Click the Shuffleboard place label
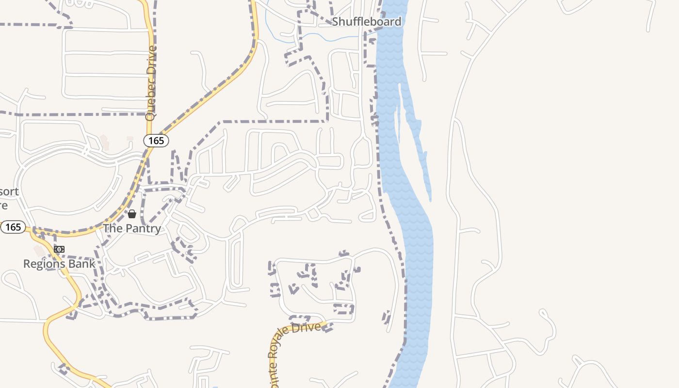(x=367, y=22)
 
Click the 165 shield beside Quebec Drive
(x=156, y=141)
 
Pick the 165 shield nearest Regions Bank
(x=13, y=227)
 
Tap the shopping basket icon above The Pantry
(x=132, y=214)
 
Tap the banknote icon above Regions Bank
(x=59, y=249)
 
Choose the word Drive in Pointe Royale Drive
(x=310, y=327)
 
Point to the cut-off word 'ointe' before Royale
(x=271, y=371)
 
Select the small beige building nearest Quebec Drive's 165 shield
(x=129, y=139)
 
